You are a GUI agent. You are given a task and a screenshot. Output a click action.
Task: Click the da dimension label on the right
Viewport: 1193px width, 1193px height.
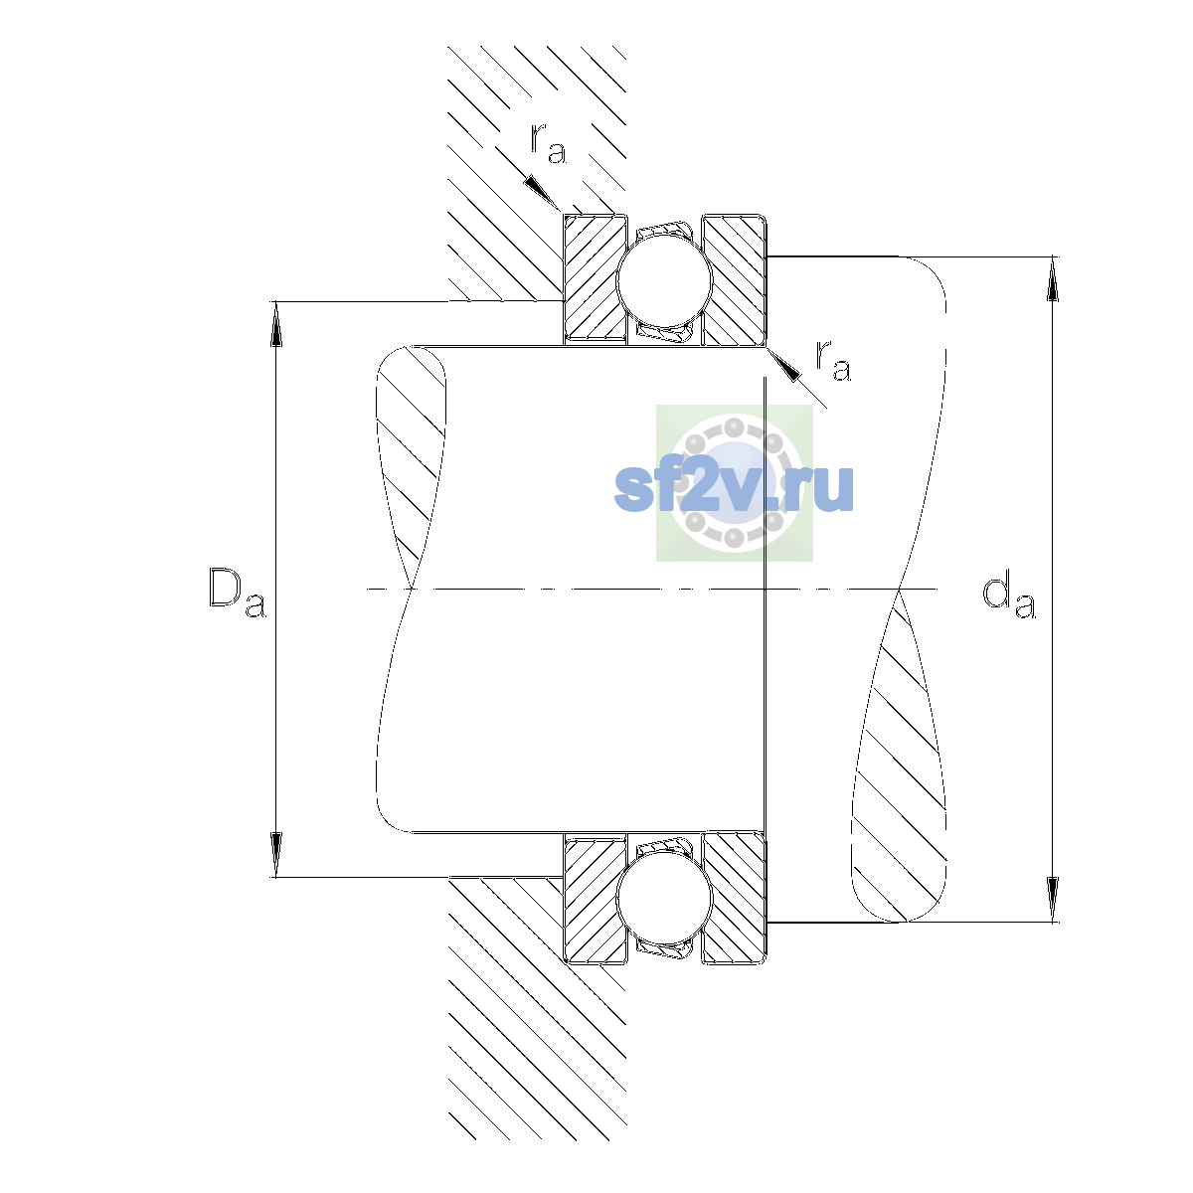pyautogui.click(x=1008, y=597)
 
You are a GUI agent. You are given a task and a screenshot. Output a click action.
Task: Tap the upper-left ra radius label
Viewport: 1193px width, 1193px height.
pyautogui.click(x=549, y=143)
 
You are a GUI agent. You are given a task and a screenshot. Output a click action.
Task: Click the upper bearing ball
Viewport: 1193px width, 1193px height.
pyautogui.click(x=664, y=279)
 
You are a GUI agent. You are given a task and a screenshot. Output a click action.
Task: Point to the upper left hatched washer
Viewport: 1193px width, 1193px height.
pyautogui.click(x=595, y=279)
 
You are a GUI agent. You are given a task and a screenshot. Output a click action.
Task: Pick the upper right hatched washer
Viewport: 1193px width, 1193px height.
pyautogui.click(x=735, y=279)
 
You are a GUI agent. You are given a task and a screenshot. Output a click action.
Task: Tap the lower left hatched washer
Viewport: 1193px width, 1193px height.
pyautogui.click(x=595, y=898)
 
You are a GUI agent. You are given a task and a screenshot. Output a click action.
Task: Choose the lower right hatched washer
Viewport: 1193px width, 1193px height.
pyautogui.click(x=735, y=898)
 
